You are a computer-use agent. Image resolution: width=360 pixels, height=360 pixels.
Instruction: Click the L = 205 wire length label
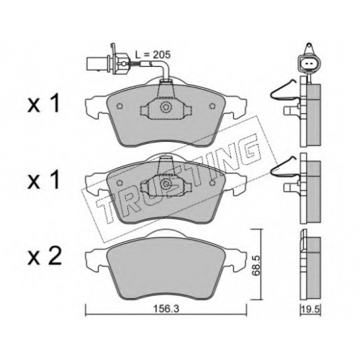point(153,55)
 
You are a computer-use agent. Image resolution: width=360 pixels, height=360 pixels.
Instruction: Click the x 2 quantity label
point(45,256)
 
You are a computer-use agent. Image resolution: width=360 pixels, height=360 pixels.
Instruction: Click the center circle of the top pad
point(166,107)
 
